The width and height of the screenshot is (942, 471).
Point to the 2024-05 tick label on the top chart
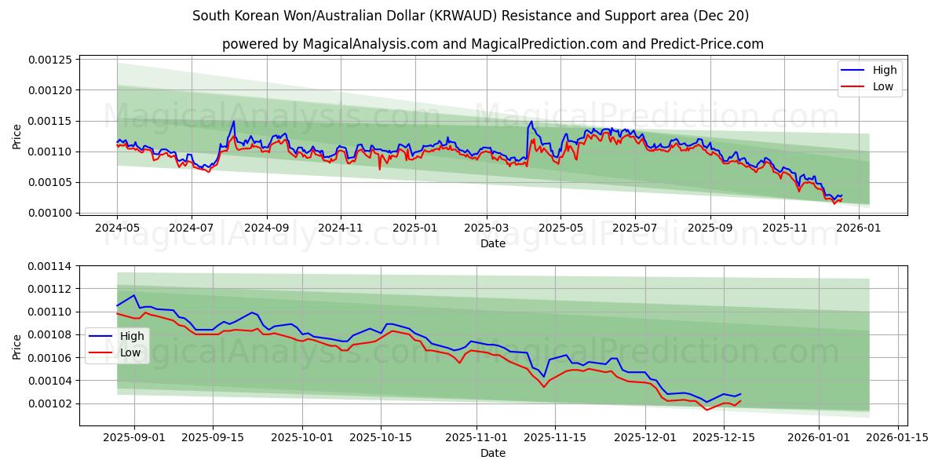[117, 228]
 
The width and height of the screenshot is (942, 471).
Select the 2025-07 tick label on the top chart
[634, 228]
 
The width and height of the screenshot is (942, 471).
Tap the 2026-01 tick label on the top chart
[858, 228]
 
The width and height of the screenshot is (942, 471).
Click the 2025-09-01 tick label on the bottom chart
[134, 437]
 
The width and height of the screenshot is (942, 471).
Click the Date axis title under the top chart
[493, 243]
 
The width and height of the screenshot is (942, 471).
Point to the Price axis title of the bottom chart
[17, 345]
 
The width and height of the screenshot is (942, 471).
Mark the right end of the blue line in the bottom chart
[740, 394]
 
